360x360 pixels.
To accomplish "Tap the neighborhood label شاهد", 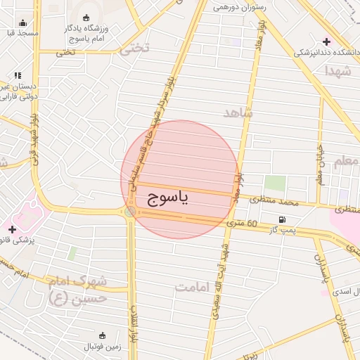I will tap(238, 112).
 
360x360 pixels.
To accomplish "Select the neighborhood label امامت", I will tap(193, 287).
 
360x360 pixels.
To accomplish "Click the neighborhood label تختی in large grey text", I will tap(136, 49).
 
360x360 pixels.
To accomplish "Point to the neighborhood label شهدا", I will tap(337, 70).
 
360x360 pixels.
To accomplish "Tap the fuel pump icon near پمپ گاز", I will tap(283, 220).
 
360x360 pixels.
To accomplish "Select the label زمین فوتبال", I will tap(104, 346).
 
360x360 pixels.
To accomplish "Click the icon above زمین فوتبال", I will tap(103, 335).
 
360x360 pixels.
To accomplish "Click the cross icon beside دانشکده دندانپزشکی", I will tap(327, 41).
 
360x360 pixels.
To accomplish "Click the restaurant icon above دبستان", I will tap(18, 75).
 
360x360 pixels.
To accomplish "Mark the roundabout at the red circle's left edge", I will tap(130, 211).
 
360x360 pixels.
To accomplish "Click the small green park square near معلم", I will tap(275, 183).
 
